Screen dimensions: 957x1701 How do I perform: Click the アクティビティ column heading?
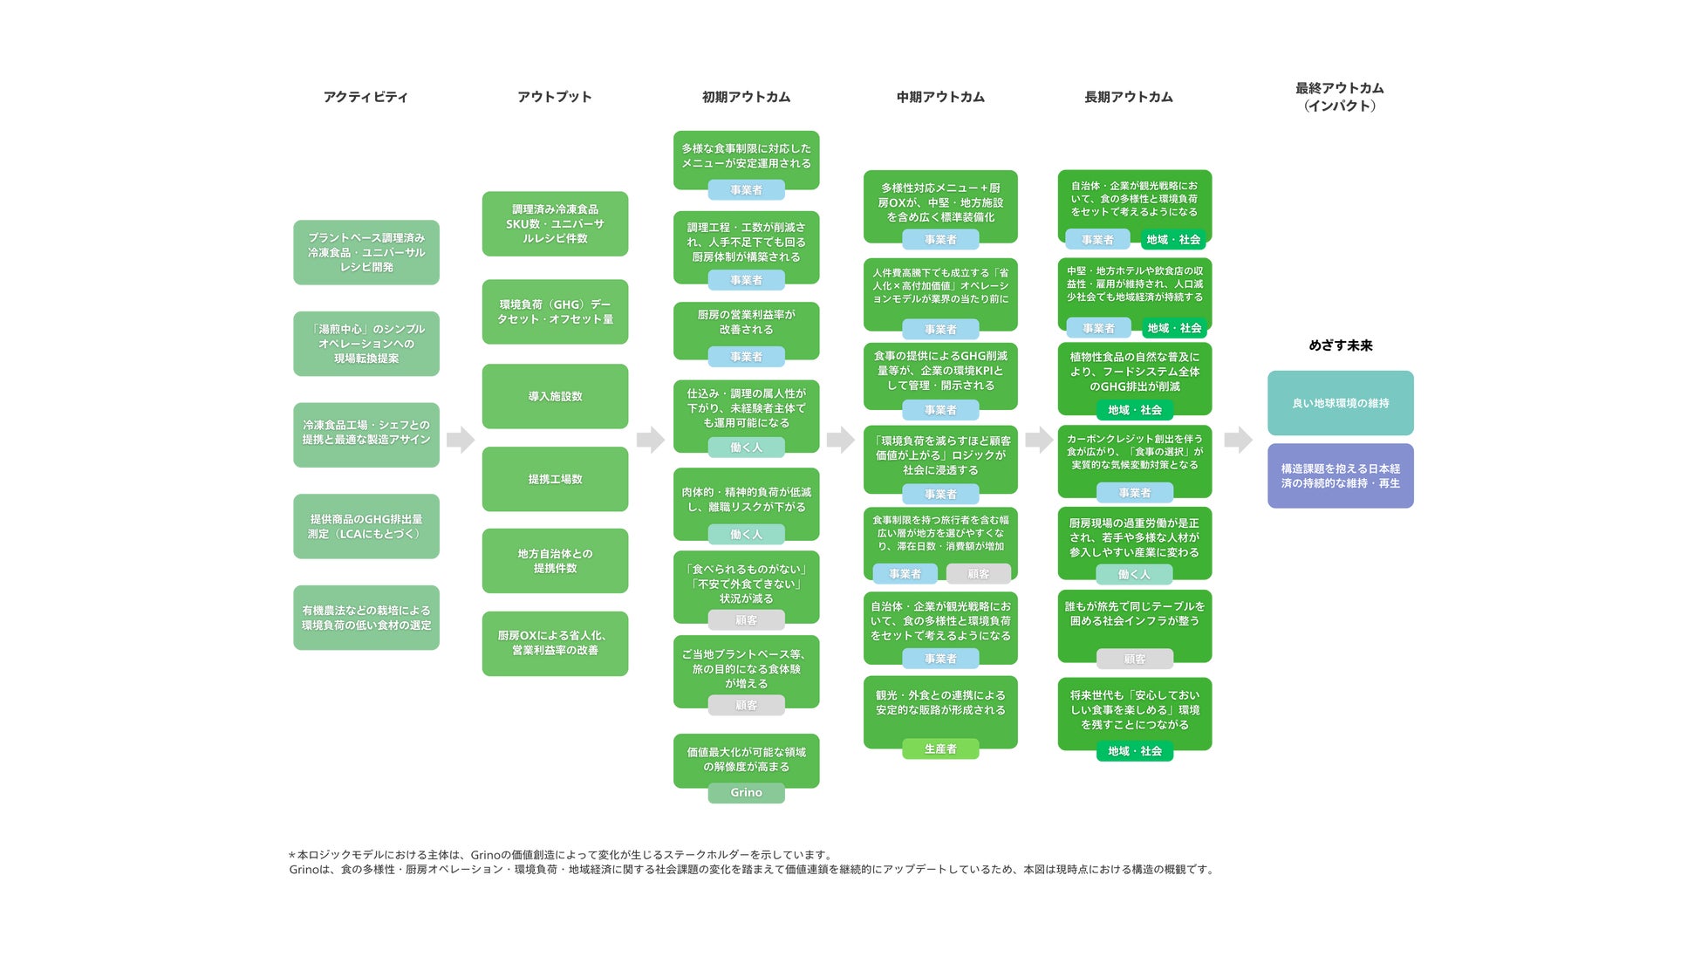click(365, 97)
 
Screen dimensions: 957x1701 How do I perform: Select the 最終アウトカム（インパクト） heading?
click(1340, 97)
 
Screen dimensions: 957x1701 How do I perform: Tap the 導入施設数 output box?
click(555, 396)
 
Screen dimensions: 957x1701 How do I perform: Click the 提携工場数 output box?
click(555, 479)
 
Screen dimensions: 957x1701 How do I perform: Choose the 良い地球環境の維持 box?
click(1340, 403)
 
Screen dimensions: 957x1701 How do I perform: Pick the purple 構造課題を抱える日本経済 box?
click(1340, 475)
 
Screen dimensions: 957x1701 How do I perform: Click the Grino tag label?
click(746, 793)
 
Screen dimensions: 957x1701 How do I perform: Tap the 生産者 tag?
click(940, 749)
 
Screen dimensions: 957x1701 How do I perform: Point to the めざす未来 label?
click(1340, 345)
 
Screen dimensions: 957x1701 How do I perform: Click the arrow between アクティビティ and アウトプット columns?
click(461, 439)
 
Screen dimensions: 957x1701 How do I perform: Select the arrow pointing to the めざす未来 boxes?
click(1238, 439)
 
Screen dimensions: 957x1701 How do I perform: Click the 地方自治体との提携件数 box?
click(555, 561)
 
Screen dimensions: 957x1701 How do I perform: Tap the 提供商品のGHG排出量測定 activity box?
click(365, 526)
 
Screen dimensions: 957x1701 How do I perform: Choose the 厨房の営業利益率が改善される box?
click(746, 323)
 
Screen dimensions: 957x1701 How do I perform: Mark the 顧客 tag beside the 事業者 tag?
click(978, 574)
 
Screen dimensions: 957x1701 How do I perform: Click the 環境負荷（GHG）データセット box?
click(555, 311)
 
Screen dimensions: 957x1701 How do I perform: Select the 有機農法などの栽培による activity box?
click(365, 618)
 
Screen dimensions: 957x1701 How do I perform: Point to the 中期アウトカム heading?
click(940, 97)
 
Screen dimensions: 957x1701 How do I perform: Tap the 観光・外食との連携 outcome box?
click(940, 704)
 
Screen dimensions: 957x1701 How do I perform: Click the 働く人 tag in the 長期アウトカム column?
click(1134, 574)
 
